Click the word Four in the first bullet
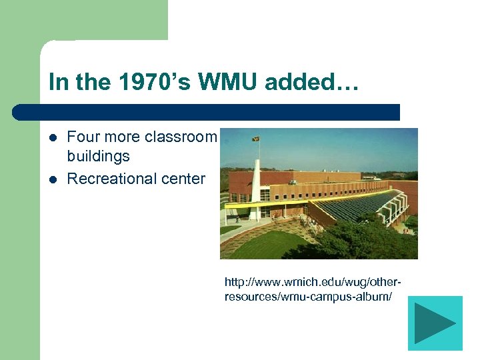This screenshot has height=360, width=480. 83,137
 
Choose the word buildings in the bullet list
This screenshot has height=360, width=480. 99,157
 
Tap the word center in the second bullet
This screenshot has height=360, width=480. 183,179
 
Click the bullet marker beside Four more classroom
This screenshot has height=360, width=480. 53,138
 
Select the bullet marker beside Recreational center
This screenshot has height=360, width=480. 53,179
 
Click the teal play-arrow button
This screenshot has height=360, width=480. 435,323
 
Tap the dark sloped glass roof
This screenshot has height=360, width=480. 363,203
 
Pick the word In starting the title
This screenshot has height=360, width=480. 57,83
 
